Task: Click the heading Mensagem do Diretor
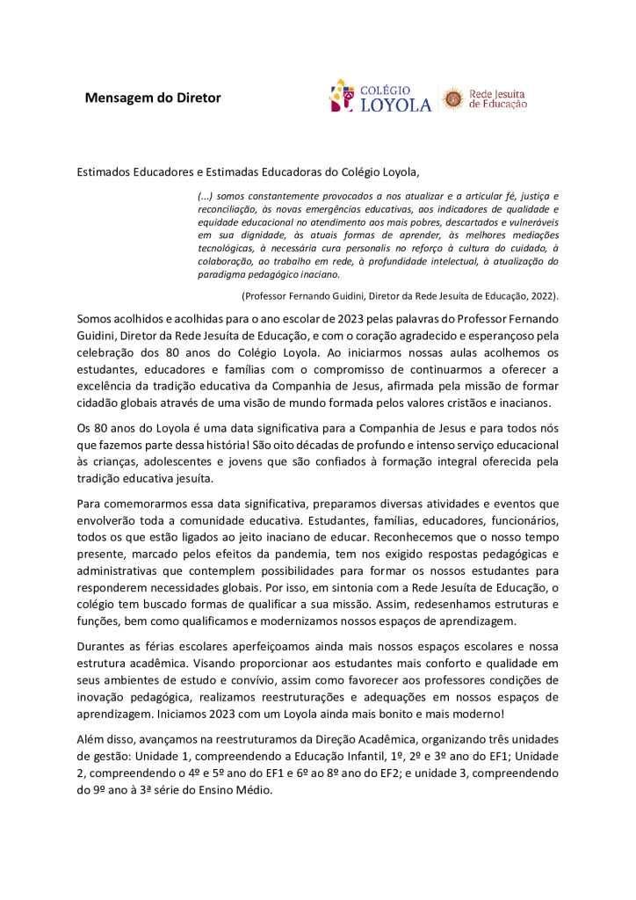[x=153, y=98]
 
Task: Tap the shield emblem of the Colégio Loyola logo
[x=342, y=96]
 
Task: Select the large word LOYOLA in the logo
[x=396, y=105]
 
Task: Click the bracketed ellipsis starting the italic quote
[x=205, y=195]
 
